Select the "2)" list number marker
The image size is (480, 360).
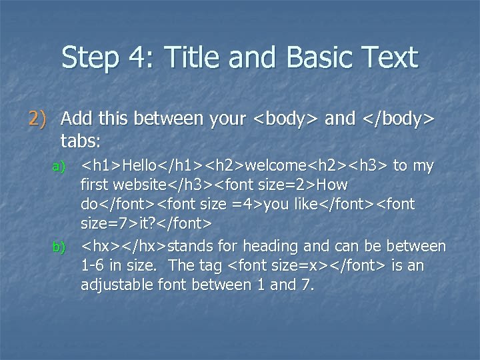click(39, 119)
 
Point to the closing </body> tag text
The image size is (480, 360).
click(399, 119)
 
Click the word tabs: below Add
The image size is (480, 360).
click(80, 141)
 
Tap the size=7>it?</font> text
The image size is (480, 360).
click(146, 221)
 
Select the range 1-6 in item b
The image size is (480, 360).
click(93, 265)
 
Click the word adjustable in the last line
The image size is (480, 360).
click(113, 285)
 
